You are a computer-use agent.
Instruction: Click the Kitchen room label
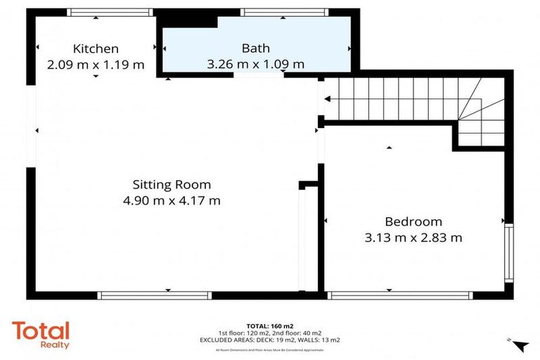[96, 49]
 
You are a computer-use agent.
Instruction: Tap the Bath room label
[255, 49]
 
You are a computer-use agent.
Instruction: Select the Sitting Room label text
[172, 185]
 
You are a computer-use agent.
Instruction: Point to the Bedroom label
[413, 221]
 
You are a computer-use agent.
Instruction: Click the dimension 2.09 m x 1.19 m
[96, 65]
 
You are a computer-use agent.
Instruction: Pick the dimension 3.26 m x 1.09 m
[255, 64]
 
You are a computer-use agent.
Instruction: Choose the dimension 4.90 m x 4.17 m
[172, 200]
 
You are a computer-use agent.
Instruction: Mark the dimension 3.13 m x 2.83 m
[413, 238]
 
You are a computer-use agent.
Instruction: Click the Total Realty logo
[41, 335]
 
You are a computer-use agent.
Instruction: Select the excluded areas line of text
[270, 340]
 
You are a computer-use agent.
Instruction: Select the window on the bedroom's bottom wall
[388, 295]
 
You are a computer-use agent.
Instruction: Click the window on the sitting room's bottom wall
[154, 295]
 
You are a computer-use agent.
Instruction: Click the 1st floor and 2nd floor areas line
[270, 333]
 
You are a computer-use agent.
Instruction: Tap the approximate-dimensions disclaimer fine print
[270, 349]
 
